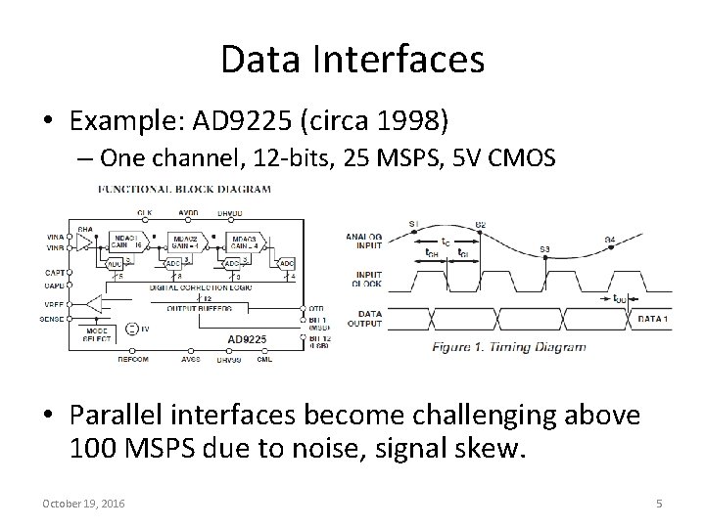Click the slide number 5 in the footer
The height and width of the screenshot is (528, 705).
pyautogui.click(x=659, y=503)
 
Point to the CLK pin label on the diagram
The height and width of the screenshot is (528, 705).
pyautogui.click(x=144, y=213)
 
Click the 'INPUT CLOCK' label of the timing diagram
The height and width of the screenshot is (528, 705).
pyautogui.click(x=368, y=281)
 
